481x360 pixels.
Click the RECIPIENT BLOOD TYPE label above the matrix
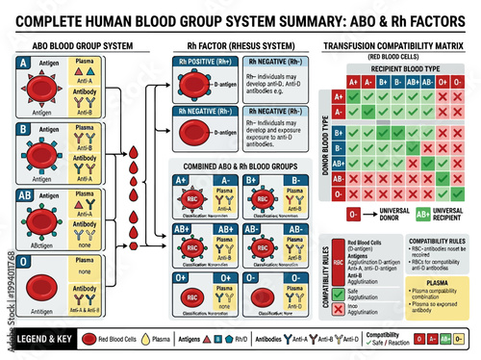click(x=401, y=68)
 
